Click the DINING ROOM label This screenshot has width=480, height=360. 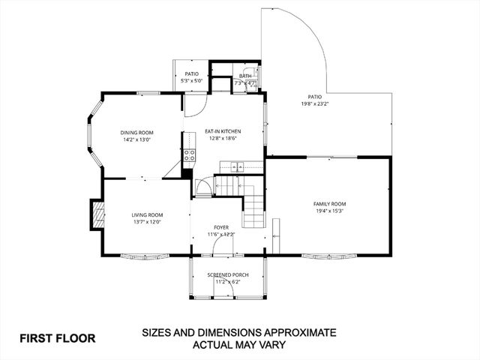(x=136, y=133)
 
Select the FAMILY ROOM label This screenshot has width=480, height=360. (x=329, y=204)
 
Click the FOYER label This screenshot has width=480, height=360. (x=220, y=226)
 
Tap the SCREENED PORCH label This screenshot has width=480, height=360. (x=227, y=275)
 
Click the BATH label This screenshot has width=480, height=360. (x=245, y=76)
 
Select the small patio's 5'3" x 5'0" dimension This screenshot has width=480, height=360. (x=191, y=80)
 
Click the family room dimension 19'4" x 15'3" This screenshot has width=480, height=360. (x=329, y=211)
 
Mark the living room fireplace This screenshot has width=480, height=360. (x=95, y=214)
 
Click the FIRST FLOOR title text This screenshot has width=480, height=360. (x=58, y=338)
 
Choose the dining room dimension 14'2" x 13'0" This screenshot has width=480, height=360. (x=136, y=139)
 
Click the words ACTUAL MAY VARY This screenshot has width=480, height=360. (x=240, y=345)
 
